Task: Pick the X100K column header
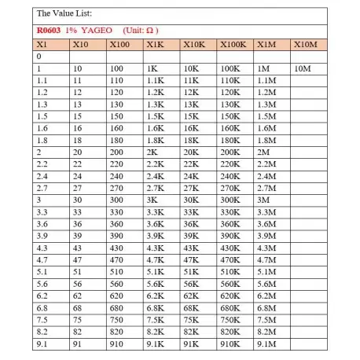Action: tap(233, 45)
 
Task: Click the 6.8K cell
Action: tap(155, 305)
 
